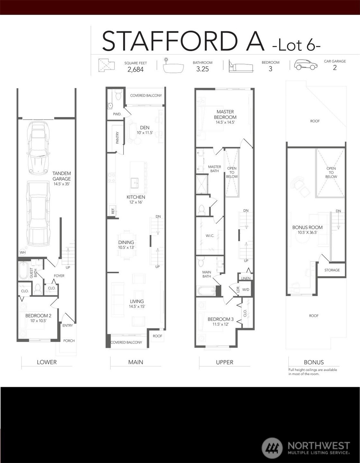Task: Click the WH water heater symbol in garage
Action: pos(22,252)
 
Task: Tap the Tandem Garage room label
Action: pos(62,176)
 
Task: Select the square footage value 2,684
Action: pos(135,69)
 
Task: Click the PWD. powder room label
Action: pos(117,114)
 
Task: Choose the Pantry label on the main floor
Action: pos(117,138)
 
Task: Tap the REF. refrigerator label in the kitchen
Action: pos(113,211)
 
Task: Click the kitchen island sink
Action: pos(134,183)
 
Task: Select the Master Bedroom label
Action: pos(225,114)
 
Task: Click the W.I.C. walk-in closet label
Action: pos(210,236)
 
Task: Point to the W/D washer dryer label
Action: pos(246,290)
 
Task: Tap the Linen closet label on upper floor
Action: pos(246,278)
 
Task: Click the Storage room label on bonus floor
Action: pos(332,270)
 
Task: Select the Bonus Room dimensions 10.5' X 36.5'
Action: pos(307,232)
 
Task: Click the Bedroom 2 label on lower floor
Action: pos(38,315)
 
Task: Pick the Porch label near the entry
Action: pos(69,341)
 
